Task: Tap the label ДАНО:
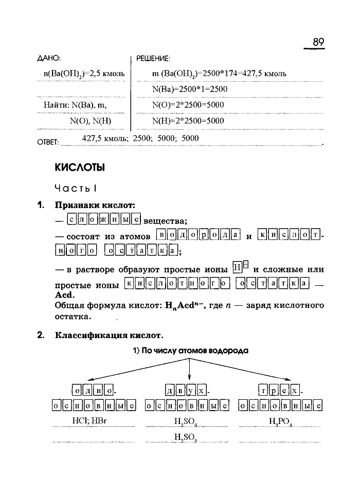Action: pos(49,58)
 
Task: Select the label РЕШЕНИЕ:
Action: pos(153,58)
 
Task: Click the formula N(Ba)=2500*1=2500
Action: pos(190,89)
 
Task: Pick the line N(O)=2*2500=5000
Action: pos(188,105)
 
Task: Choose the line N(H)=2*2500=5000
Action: pos(188,121)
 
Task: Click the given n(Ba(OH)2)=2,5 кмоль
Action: pos(84,73)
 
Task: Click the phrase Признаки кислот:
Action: pos(95,205)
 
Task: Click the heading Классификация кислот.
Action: pos(110,336)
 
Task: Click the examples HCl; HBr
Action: pos(94,421)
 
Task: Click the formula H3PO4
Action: pos(280,422)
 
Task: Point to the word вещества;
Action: pos(165,221)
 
